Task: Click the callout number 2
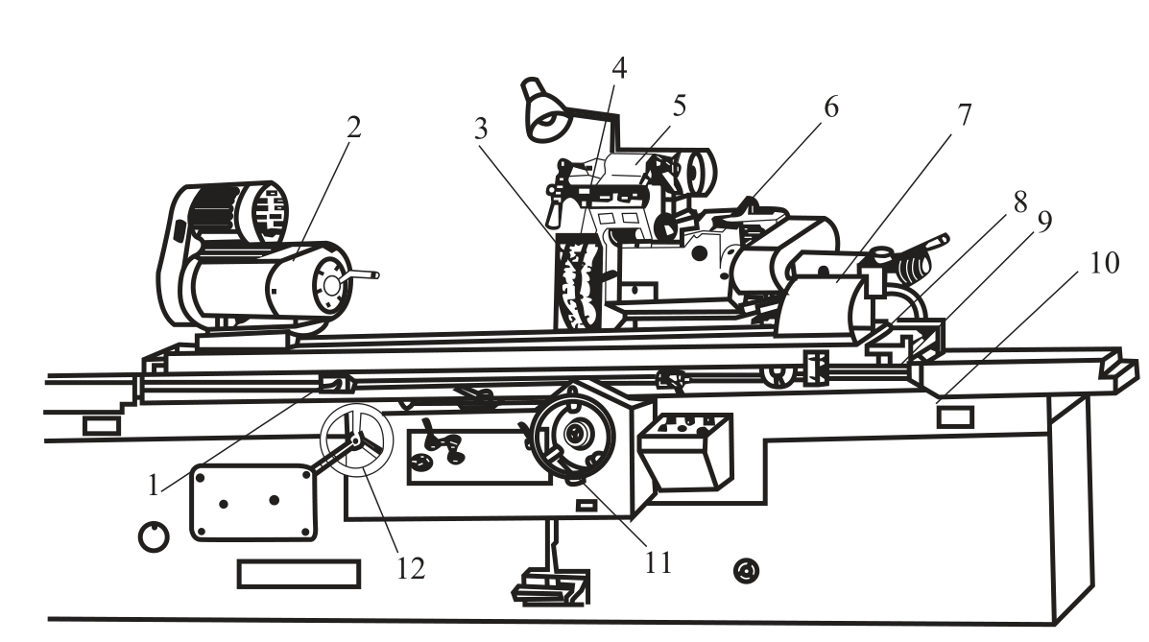[x=354, y=128]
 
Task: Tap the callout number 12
[x=411, y=568]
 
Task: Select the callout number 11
[x=658, y=563]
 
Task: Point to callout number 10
[x=1104, y=263]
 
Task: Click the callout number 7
[x=965, y=115]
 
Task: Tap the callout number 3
[x=481, y=129]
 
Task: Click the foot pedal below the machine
[x=550, y=588]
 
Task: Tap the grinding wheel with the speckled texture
[x=579, y=281]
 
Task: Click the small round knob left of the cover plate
[x=154, y=537]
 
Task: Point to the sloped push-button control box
[x=685, y=452]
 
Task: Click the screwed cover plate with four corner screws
[x=253, y=503]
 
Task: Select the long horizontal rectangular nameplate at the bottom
[x=299, y=574]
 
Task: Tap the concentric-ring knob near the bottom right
[x=747, y=570]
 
